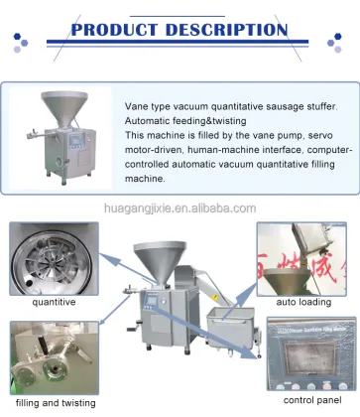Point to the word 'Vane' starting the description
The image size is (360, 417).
pos(137,102)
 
